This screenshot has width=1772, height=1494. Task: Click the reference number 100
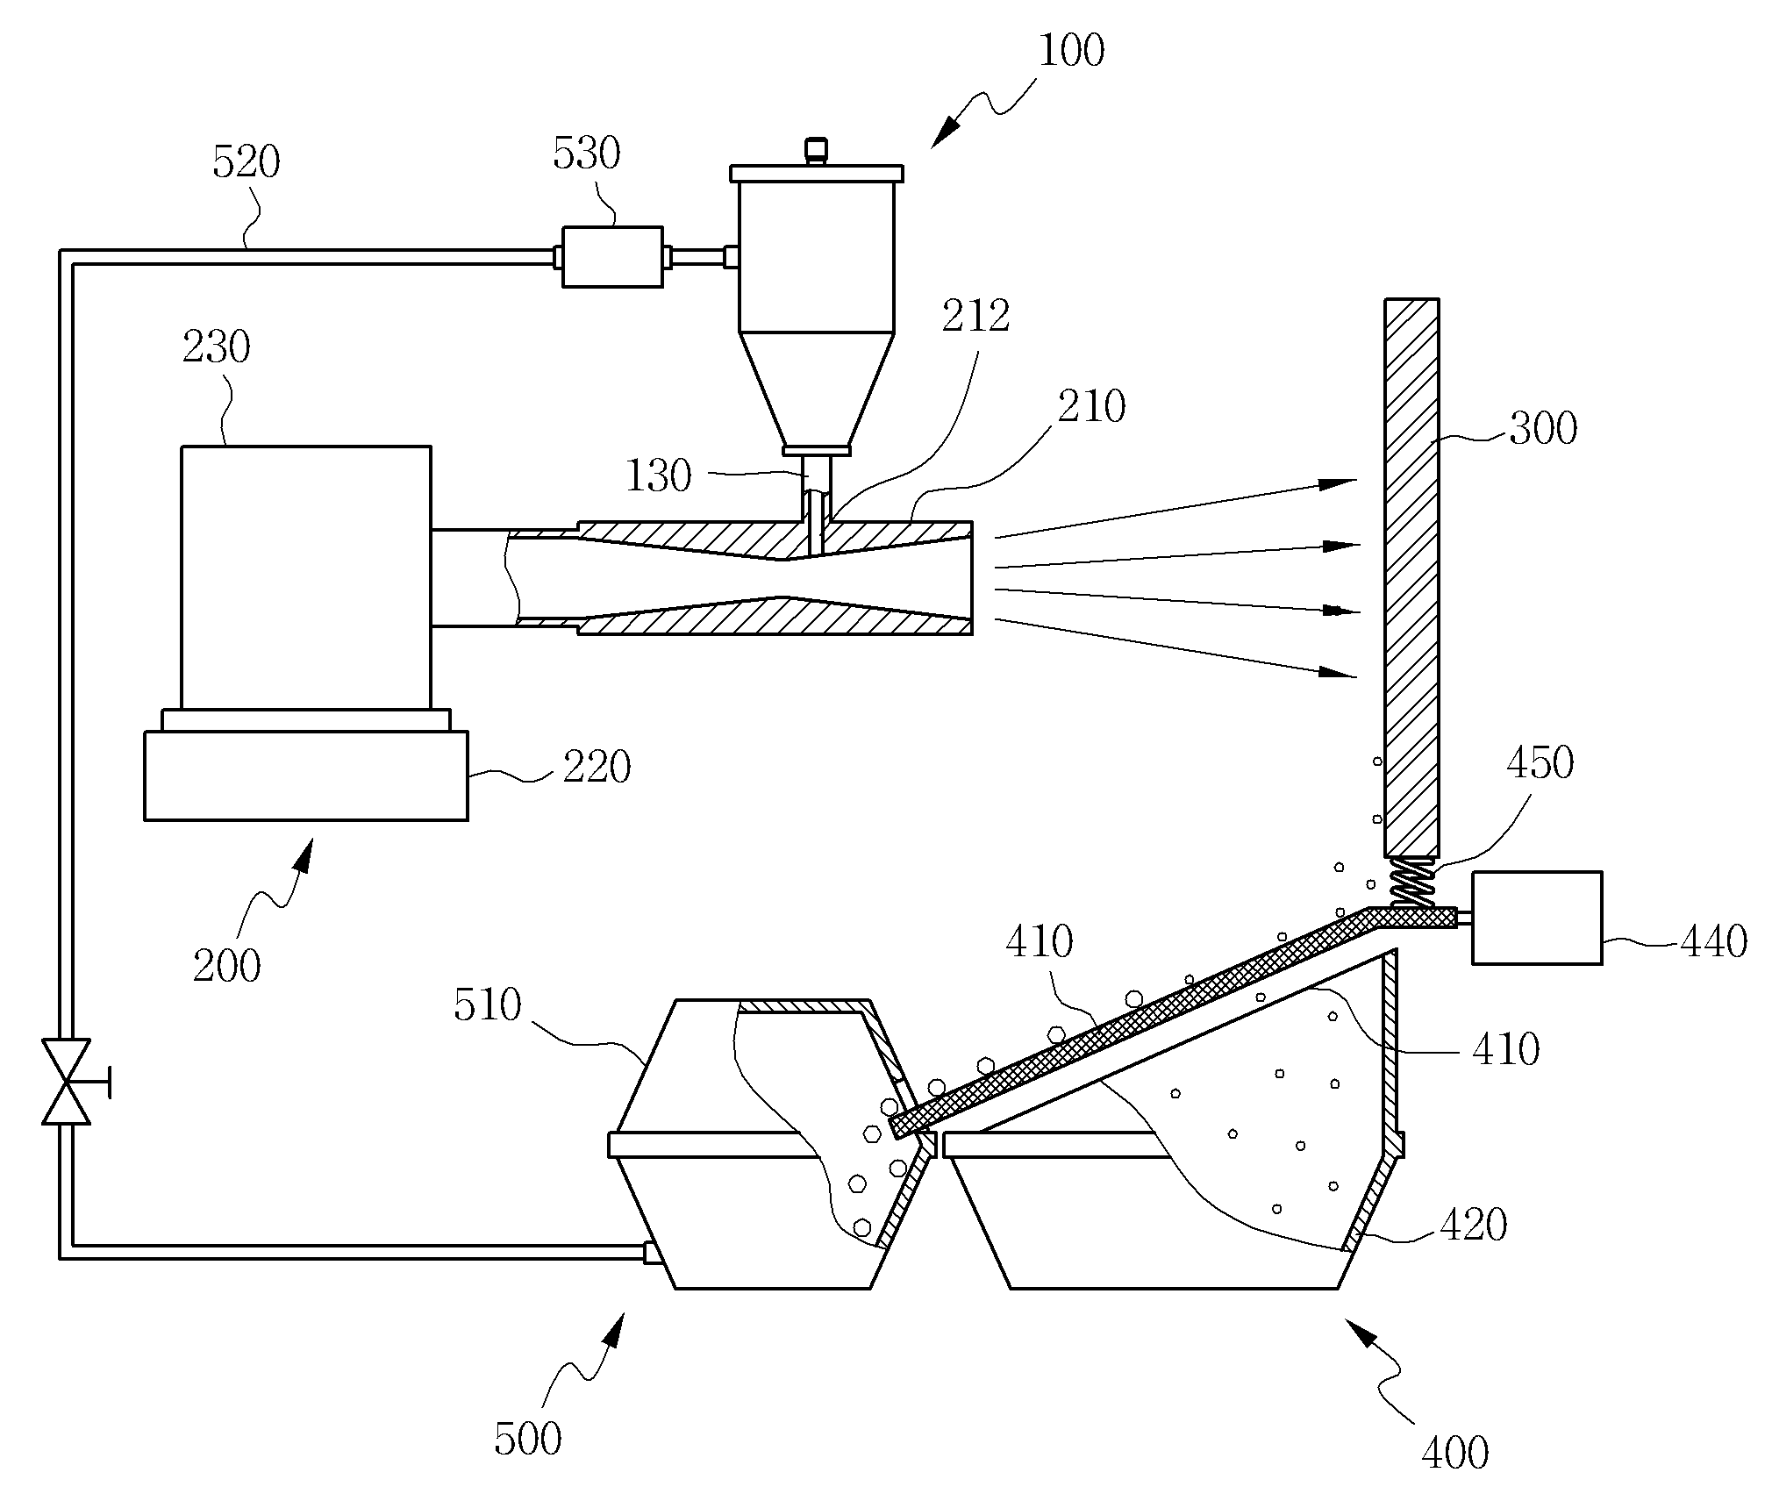pyautogui.click(x=1071, y=51)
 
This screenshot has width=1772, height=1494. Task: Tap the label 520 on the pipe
pyautogui.click(x=247, y=162)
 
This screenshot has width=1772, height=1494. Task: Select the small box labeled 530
pyautogui.click(x=612, y=256)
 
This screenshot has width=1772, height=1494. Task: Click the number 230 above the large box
pyautogui.click(x=217, y=347)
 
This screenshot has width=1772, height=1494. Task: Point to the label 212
pyautogui.click(x=976, y=316)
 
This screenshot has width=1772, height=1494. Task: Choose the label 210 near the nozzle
pyautogui.click(x=1091, y=406)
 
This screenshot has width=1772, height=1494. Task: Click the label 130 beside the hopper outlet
pyautogui.click(x=659, y=475)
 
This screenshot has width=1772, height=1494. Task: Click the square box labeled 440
pyautogui.click(x=1537, y=918)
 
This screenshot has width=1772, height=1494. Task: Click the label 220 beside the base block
pyautogui.click(x=597, y=767)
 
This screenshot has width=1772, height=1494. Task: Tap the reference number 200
pyautogui.click(x=226, y=965)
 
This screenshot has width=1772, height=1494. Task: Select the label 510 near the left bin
pyautogui.click(x=488, y=1004)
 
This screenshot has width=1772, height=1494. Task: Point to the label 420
pyautogui.click(x=1474, y=1224)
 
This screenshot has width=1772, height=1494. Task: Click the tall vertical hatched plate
pyautogui.click(x=1411, y=578)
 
